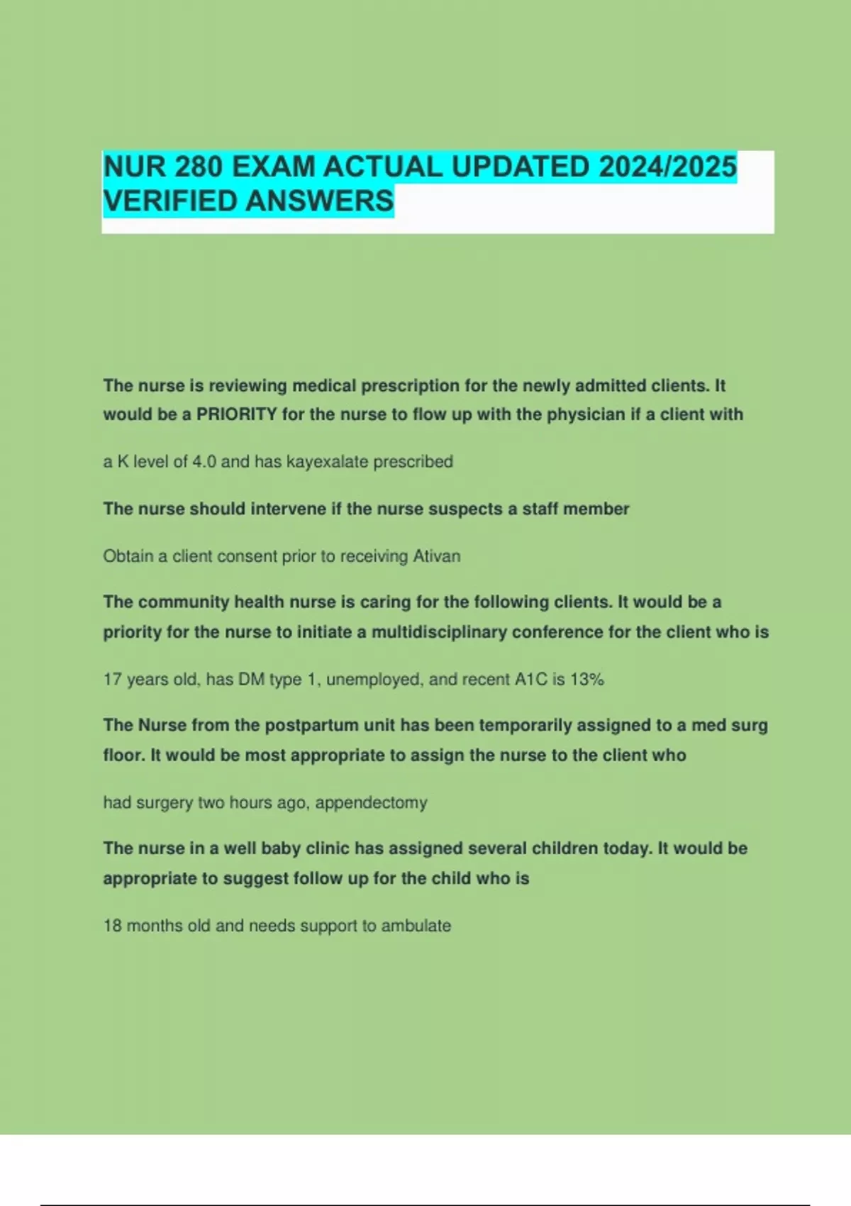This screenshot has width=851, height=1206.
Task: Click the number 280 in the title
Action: [199, 167]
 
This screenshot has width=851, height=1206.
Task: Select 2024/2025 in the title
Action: [667, 167]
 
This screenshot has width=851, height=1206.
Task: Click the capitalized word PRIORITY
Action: [236, 414]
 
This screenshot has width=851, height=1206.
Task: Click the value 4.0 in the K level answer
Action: [204, 462]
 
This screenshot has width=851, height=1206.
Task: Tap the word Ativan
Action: [436, 556]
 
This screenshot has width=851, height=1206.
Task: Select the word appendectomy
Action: [371, 803]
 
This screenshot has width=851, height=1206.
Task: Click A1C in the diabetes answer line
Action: [530, 680]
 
